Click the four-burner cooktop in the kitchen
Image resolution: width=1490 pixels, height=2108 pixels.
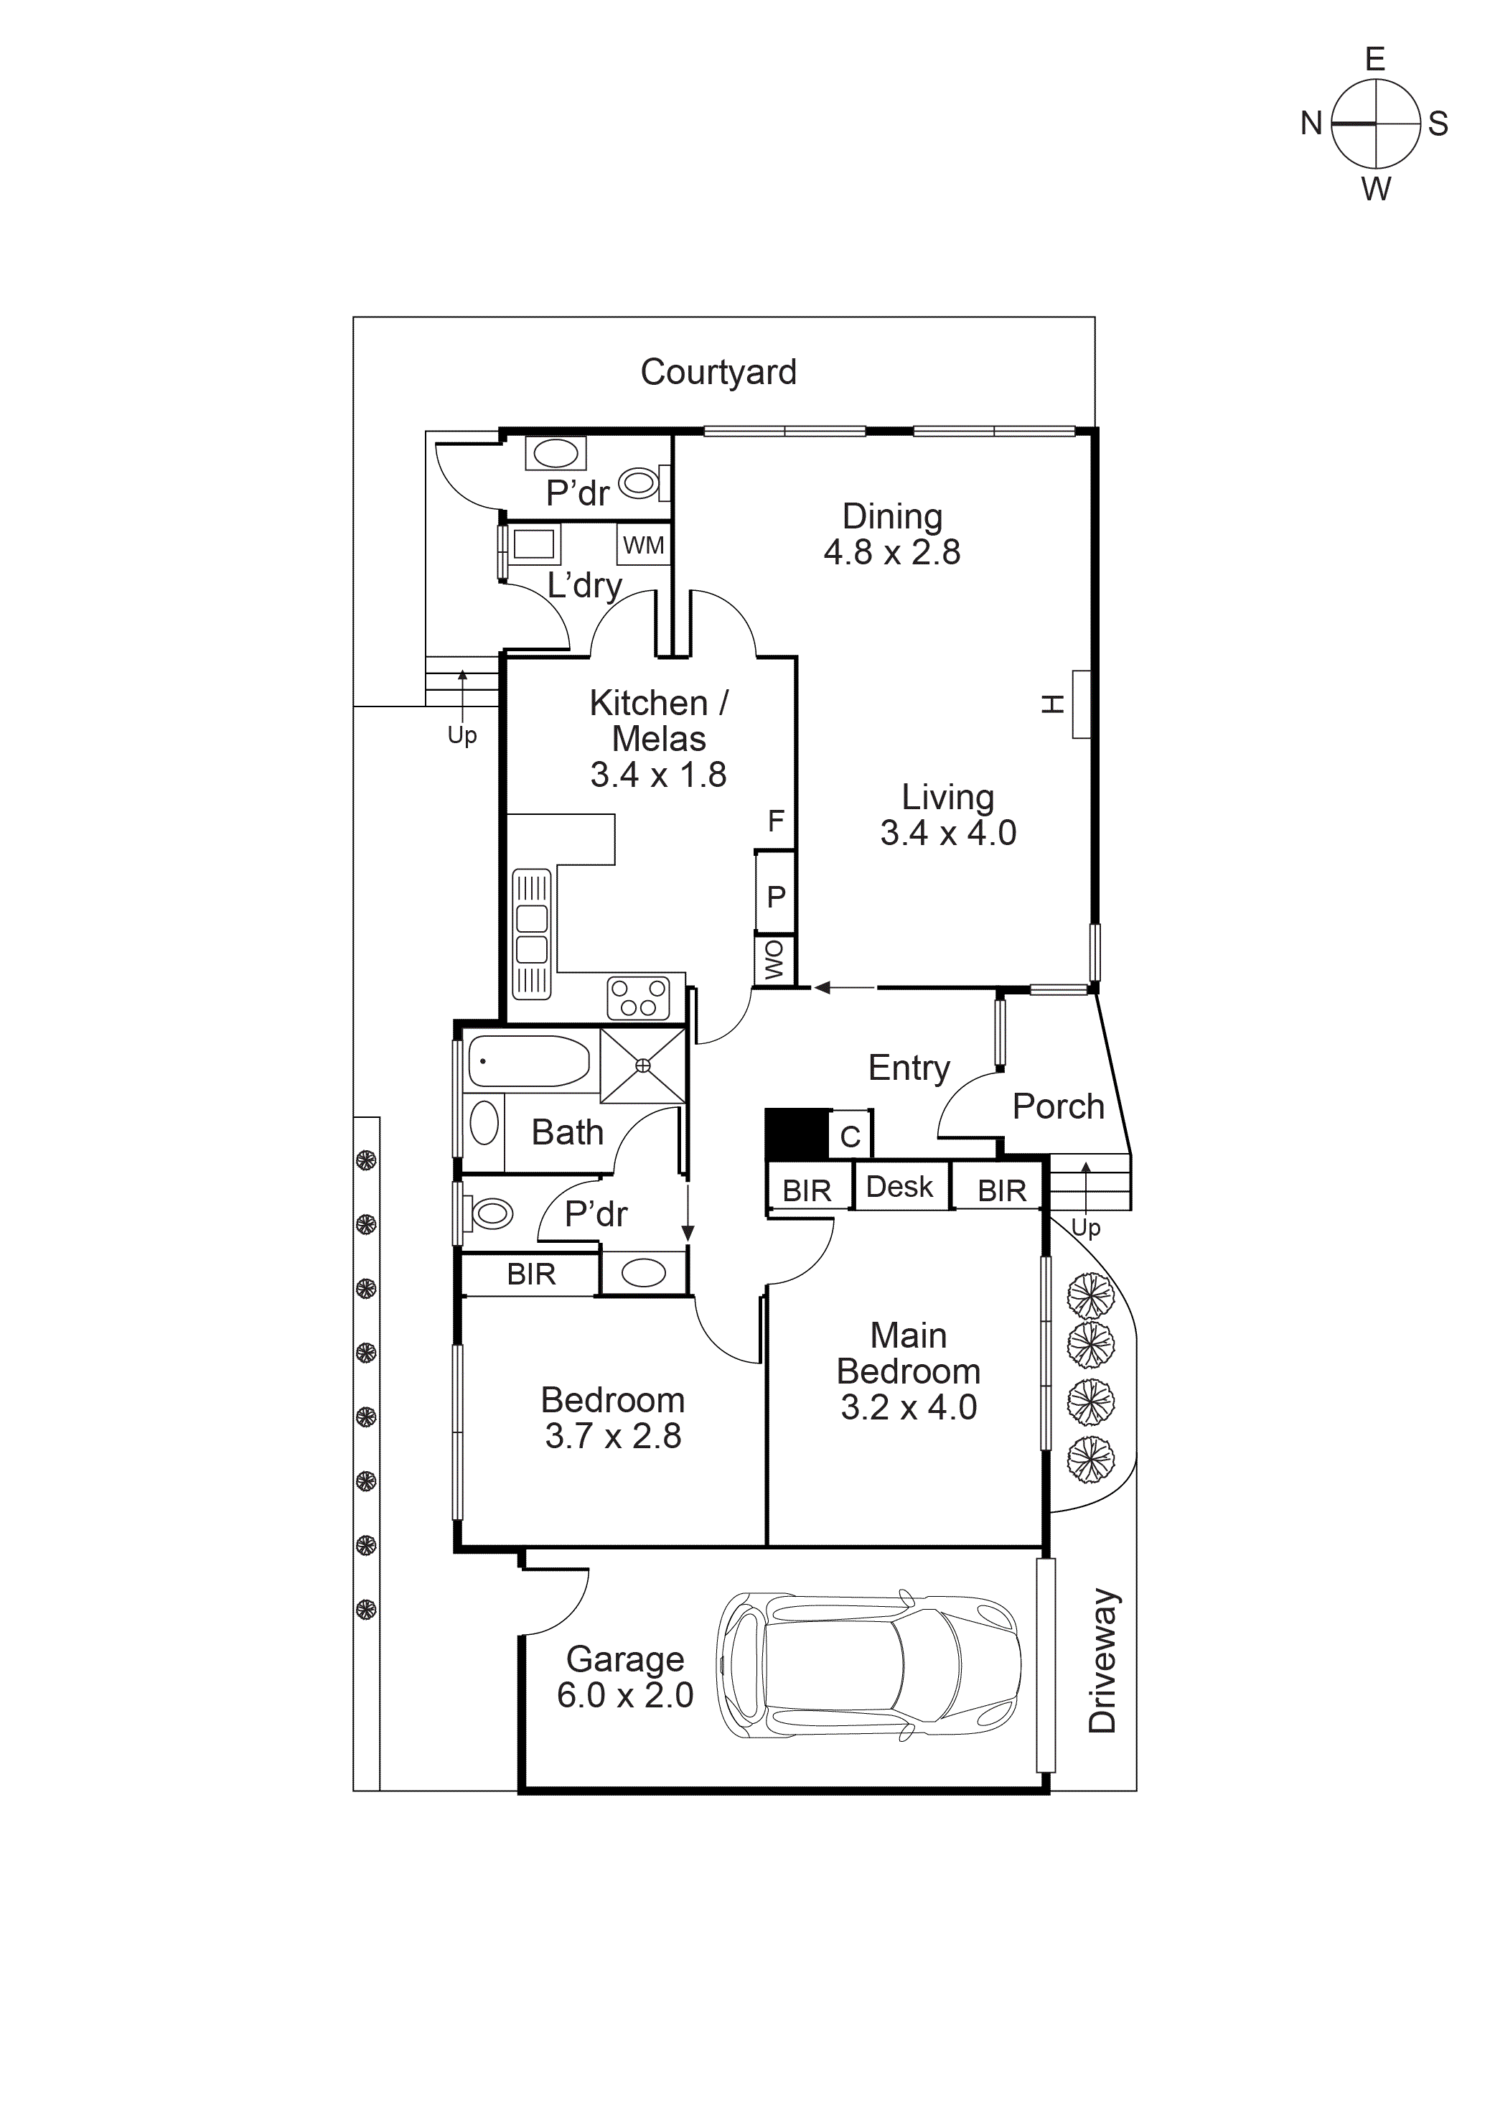[638, 998]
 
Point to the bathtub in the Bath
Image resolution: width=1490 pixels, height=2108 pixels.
[529, 1063]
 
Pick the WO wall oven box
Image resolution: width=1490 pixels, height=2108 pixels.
[774, 961]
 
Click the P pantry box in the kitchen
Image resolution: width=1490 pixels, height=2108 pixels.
[776, 895]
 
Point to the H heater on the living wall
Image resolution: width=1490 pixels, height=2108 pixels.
[1081, 704]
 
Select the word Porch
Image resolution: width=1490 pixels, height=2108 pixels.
[1058, 1106]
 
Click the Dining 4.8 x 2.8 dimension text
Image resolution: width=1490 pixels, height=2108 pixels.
[891, 552]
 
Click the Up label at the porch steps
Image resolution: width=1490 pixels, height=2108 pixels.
[1085, 1228]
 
